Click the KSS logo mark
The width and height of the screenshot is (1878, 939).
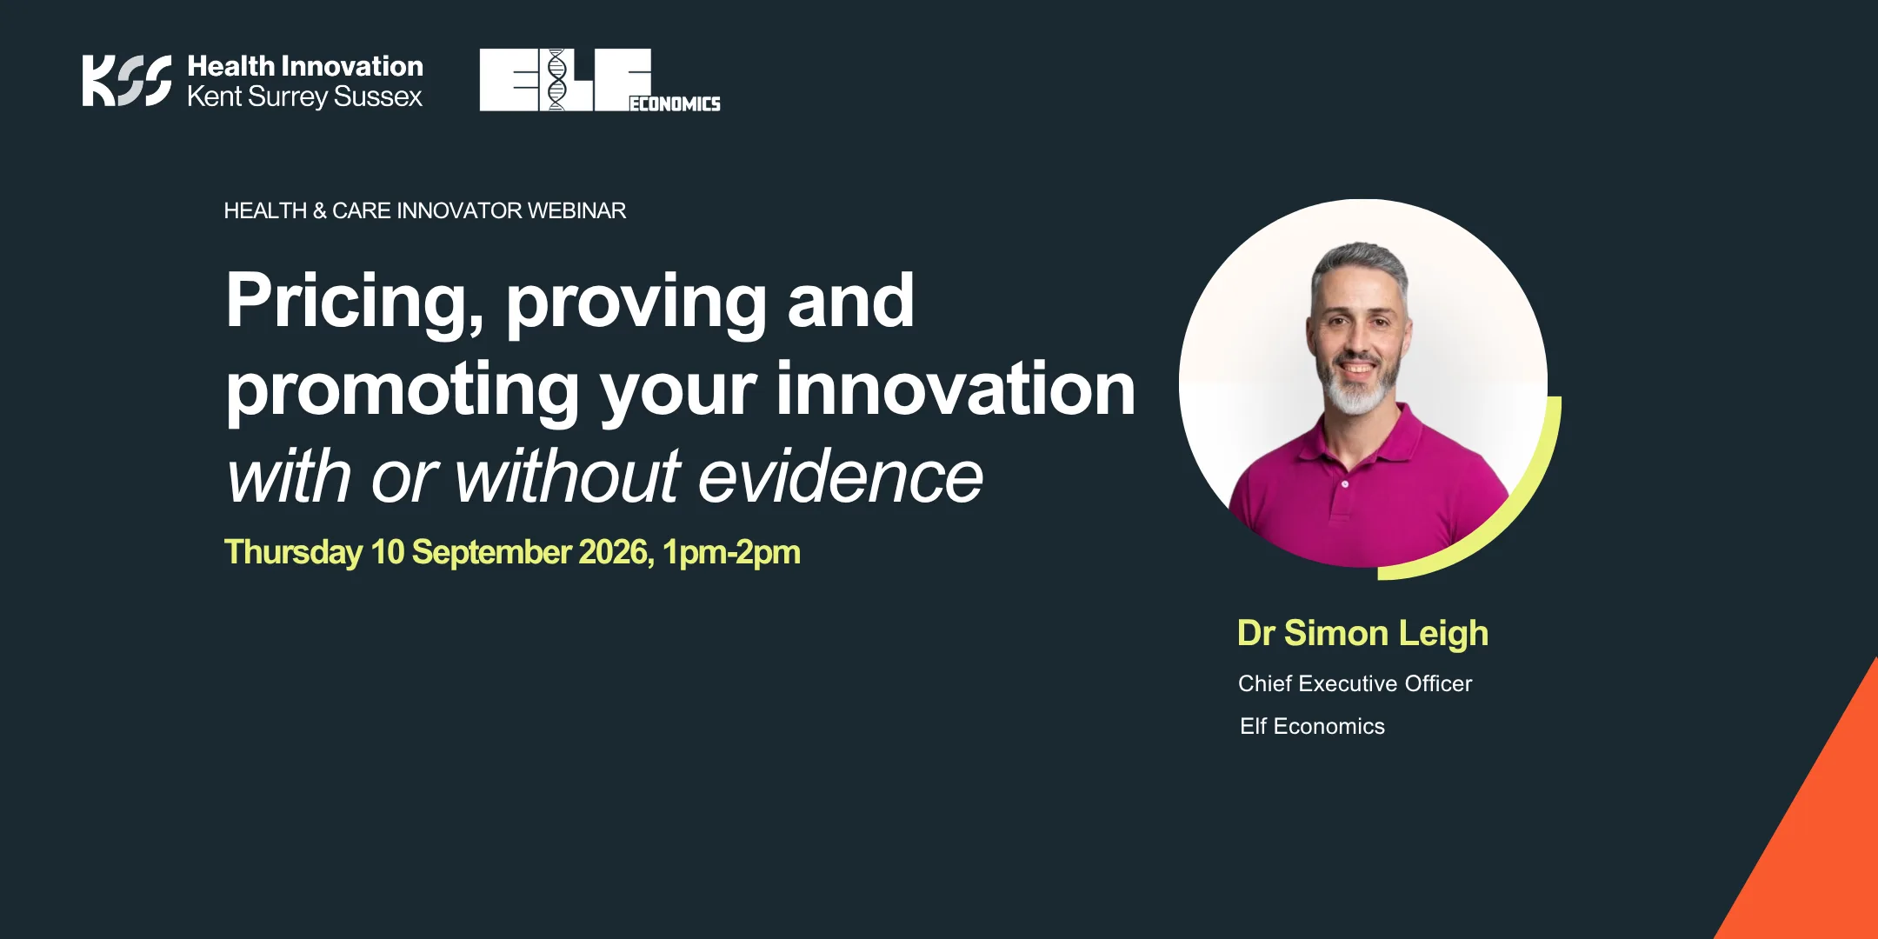point(127,81)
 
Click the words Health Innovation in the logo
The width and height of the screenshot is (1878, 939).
point(305,66)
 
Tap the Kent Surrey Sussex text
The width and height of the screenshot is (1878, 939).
point(304,97)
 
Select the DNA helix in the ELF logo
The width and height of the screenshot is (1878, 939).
point(556,80)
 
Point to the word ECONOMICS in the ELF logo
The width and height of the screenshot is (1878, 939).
point(675,103)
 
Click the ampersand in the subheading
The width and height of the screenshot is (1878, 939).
point(319,210)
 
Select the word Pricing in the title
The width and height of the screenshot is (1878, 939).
point(355,302)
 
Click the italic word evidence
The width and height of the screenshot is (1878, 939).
point(841,476)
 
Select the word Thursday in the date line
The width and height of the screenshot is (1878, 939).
point(294,553)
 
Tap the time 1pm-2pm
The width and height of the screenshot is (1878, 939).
point(731,553)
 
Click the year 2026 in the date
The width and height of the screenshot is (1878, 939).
point(616,552)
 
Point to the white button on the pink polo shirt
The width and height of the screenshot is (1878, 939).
point(1345,483)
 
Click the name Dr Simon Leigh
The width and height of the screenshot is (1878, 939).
point(1362,634)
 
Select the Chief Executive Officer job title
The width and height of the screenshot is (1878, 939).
point(1355,683)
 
